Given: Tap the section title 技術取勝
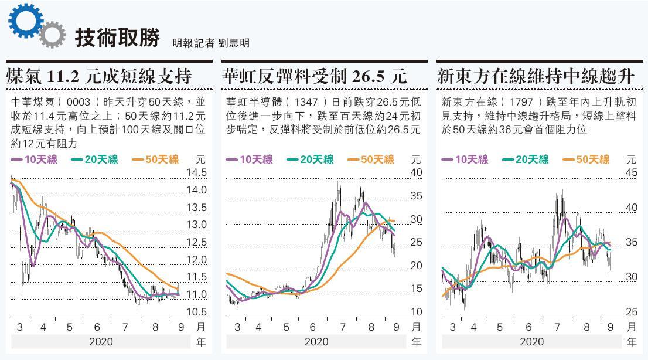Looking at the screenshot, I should pos(117,39).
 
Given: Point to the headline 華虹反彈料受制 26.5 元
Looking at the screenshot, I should pos(315,76).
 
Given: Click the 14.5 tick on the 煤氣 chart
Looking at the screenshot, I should pos(196,172).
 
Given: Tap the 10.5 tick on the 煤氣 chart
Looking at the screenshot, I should pos(196,312).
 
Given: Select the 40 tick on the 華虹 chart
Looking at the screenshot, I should pos(416,172).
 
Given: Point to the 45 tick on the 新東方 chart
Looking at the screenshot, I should pos(631,172).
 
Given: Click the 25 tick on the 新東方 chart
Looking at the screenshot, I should pos(631,312).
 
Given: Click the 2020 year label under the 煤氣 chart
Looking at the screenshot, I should pos(101,342).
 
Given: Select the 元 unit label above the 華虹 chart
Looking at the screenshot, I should pos(416,159).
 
